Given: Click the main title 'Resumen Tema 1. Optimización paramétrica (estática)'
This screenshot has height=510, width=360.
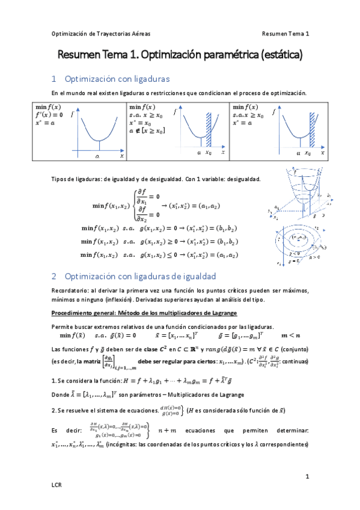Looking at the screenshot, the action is tap(180, 55).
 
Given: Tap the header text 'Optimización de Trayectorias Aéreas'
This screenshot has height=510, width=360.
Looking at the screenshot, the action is tap(101, 34).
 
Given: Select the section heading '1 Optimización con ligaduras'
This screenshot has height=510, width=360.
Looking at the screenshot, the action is tap(111, 79).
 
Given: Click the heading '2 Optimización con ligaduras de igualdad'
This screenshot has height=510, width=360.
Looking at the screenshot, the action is tap(133, 276).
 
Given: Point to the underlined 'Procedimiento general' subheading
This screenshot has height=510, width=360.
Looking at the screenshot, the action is tap(82, 313).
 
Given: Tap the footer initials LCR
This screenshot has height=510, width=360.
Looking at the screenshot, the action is tap(57, 484).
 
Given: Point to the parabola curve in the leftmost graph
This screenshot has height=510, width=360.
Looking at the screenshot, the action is tap(100, 135).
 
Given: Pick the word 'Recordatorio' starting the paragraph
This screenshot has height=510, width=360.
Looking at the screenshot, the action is tap(70, 290).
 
